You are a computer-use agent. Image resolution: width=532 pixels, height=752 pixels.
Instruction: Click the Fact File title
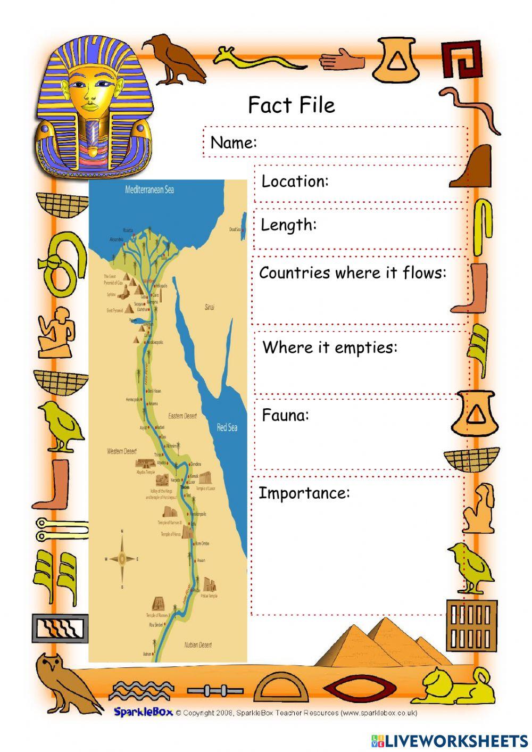[292, 105]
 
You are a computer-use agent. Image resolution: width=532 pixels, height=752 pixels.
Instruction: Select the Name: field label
[234, 143]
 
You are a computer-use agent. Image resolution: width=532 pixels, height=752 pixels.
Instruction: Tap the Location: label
[295, 181]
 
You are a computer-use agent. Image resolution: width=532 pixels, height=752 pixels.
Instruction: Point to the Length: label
[288, 225]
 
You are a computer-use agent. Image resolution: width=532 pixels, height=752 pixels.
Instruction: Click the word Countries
[295, 273]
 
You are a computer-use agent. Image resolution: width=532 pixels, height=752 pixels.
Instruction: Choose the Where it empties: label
[330, 348]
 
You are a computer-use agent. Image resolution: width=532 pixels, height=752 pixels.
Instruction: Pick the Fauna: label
[285, 415]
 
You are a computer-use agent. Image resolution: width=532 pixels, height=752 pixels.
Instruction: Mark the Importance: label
[304, 493]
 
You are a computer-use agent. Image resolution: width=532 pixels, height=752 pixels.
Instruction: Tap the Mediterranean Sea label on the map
[149, 189]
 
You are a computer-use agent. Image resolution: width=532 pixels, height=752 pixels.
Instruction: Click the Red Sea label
[227, 427]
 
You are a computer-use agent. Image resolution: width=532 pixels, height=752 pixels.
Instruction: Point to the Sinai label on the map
[209, 307]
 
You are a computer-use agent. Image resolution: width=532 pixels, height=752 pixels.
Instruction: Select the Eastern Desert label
[182, 416]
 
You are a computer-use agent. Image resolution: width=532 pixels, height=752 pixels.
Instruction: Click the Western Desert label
[122, 451]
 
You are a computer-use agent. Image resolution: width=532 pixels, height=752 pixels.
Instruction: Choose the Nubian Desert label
[198, 644]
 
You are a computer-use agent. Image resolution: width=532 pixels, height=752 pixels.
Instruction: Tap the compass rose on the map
[122, 558]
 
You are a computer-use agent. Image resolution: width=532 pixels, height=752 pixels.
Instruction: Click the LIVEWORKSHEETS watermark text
[449, 740]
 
